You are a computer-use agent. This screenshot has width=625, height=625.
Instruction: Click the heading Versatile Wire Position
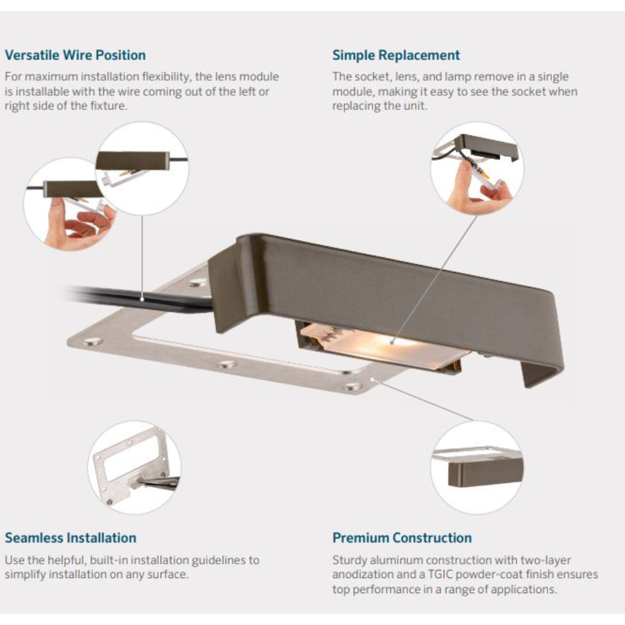click(76, 55)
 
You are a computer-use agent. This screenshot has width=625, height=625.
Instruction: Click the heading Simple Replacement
click(396, 55)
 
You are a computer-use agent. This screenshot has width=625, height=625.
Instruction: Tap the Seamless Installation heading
click(71, 537)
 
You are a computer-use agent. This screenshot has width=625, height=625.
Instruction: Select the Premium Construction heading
click(402, 537)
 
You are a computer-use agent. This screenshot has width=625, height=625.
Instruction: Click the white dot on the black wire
click(142, 299)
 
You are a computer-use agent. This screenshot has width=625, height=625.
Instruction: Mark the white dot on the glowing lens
click(392, 342)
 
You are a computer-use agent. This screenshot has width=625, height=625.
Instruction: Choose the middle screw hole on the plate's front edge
click(227, 364)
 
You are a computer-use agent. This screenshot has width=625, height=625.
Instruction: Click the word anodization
click(361, 574)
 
